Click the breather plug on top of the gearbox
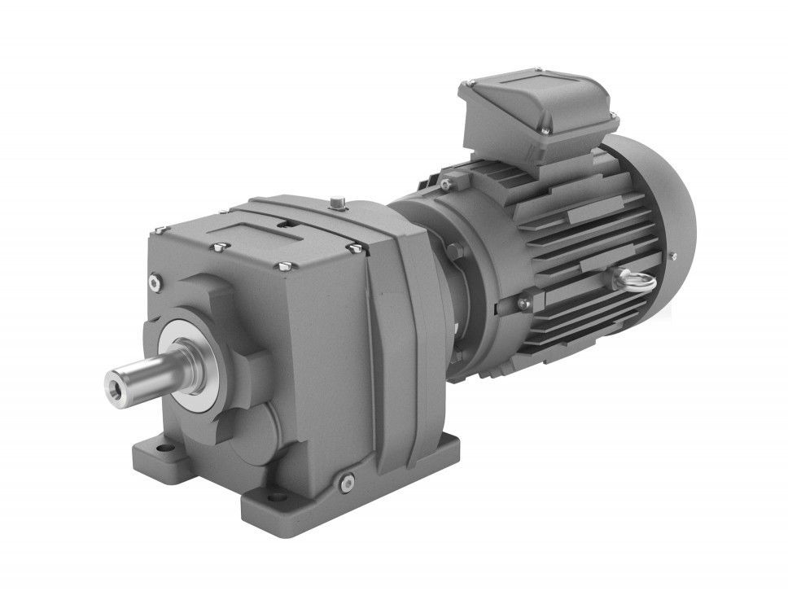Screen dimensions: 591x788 (x=338, y=200)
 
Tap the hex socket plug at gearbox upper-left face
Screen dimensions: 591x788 (x=155, y=281)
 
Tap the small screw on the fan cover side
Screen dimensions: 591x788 (x=673, y=256)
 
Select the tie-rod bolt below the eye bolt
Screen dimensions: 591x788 (x=523, y=304)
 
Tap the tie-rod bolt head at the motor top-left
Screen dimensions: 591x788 (x=445, y=185)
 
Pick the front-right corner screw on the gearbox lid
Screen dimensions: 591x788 (x=356, y=245)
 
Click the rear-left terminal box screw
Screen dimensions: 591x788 (x=468, y=84)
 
